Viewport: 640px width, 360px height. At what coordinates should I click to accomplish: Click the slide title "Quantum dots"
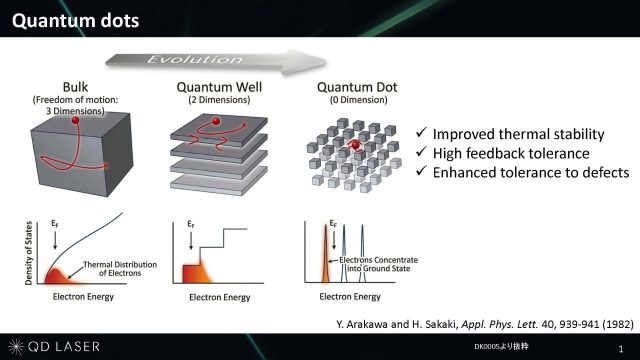point(76,20)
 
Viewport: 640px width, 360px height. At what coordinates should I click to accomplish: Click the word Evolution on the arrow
point(194,60)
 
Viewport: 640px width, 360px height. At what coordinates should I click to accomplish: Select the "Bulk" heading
point(75,87)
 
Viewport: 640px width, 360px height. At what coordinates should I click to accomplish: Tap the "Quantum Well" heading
point(219,87)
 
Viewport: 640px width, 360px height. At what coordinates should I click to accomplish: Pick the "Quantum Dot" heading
point(357,87)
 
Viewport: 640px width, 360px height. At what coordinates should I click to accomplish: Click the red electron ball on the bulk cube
point(75,120)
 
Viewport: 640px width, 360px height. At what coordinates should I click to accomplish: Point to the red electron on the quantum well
point(216,121)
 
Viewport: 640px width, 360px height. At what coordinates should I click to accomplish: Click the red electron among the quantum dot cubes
point(356,145)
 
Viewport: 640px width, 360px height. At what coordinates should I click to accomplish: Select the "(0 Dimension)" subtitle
point(358,100)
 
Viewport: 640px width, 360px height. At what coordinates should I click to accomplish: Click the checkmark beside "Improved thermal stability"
point(421,132)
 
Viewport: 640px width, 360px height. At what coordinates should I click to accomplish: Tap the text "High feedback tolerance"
point(511,153)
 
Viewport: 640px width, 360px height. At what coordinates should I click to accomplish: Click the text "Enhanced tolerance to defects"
point(531,173)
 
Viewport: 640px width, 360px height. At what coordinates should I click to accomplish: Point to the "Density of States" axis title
point(29,253)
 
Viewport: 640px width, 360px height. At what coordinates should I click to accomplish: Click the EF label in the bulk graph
point(55,224)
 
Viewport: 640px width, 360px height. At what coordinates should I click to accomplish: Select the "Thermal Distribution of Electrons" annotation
point(120,269)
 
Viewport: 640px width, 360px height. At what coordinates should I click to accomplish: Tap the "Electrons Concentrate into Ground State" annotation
point(378,264)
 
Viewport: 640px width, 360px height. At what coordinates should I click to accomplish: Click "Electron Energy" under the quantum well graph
point(220,297)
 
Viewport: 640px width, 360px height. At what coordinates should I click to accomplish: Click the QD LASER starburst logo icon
point(16,347)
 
